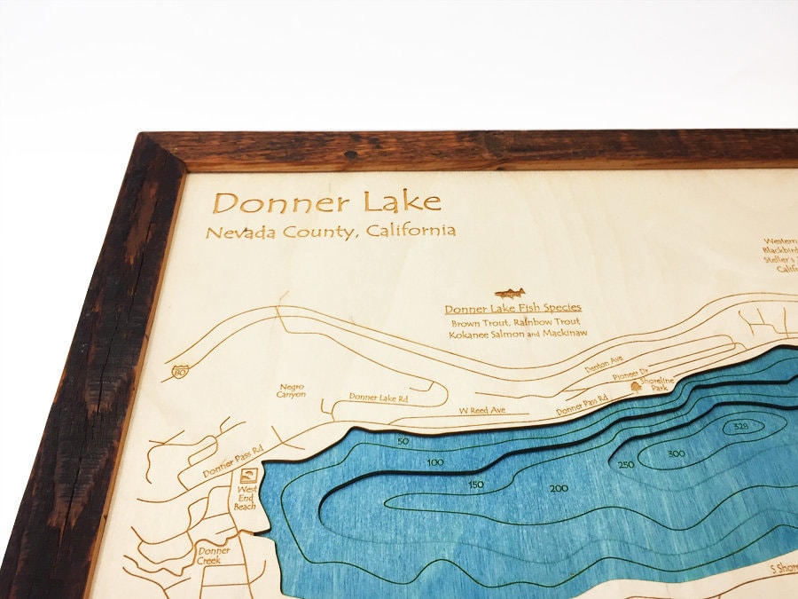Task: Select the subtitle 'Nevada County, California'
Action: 330,233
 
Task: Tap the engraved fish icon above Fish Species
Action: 511,293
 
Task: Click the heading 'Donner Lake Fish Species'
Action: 512,308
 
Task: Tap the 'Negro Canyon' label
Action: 292,390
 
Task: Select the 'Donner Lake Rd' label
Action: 378,397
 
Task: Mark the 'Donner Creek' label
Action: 214,556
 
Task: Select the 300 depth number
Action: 677,454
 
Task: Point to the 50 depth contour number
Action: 403,441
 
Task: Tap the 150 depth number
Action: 476,484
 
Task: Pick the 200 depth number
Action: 559,489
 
